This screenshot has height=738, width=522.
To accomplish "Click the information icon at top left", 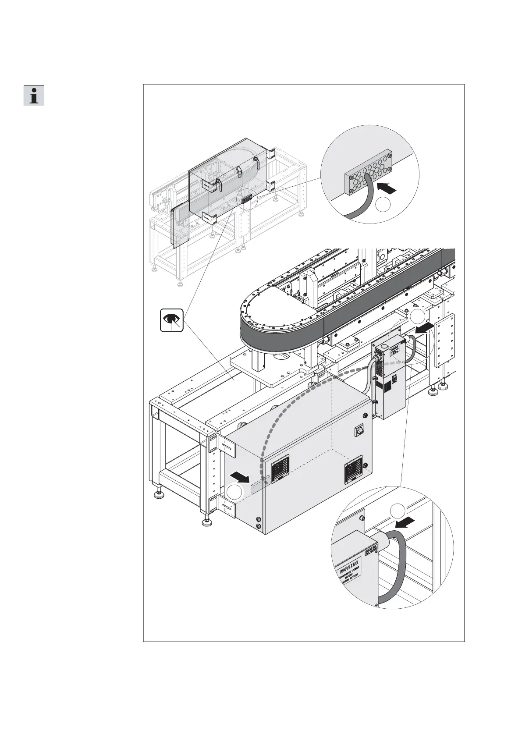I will [x=34, y=95].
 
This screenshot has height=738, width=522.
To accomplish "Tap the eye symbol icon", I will [x=171, y=321].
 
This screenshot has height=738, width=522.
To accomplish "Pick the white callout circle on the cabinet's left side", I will [x=235, y=492].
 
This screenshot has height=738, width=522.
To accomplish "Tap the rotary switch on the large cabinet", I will [x=359, y=432].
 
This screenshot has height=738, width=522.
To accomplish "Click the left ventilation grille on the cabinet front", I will [x=281, y=468].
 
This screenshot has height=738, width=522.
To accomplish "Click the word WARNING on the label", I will [x=349, y=566].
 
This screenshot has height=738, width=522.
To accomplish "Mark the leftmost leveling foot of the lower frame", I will [x=159, y=495].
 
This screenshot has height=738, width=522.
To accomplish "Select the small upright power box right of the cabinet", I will [x=389, y=379].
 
